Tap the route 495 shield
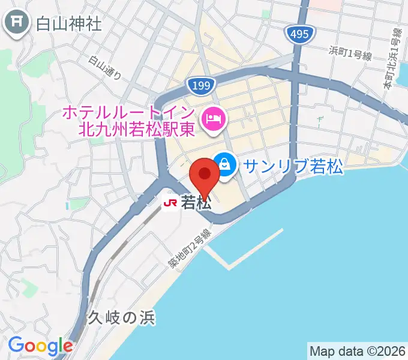pos(298,34)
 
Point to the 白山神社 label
pos(68,24)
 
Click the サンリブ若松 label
pos(293,167)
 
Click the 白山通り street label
pos(106,68)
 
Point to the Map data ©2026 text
pos(358,351)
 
